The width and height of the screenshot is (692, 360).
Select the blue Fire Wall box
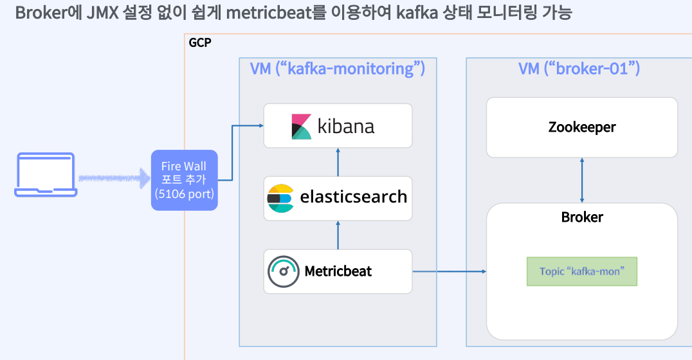click(x=184, y=180)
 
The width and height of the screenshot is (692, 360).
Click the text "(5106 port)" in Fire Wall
click(x=184, y=194)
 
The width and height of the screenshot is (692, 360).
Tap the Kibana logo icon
click(x=301, y=126)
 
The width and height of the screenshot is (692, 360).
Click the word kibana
click(x=346, y=126)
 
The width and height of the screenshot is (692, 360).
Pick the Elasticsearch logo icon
click(x=280, y=198)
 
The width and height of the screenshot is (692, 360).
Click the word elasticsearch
click(x=354, y=197)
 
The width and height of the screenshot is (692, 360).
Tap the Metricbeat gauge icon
click(x=284, y=271)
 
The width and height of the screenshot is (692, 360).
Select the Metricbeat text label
click(x=338, y=271)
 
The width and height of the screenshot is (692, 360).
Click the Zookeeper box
click(x=581, y=127)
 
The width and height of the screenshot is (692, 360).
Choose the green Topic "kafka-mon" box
click(x=581, y=271)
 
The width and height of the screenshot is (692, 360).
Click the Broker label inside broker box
click(x=581, y=217)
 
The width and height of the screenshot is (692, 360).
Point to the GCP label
click(x=199, y=43)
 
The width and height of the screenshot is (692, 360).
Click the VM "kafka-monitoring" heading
click(x=337, y=69)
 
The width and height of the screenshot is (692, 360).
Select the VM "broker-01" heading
click(x=579, y=69)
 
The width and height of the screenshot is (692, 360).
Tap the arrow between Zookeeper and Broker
click(x=582, y=180)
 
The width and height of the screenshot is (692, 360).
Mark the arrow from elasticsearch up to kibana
click(x=338, y=161)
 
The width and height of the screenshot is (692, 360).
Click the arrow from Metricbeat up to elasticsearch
click(x=338, y=235)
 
